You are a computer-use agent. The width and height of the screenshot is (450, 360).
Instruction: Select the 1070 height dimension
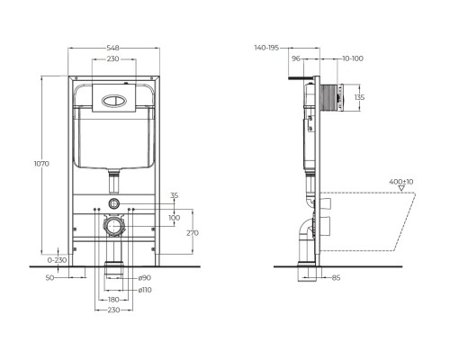[40, 166]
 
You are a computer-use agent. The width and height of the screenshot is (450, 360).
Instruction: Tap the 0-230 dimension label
[56, 259]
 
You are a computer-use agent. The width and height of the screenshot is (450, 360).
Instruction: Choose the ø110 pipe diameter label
[145, 290]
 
